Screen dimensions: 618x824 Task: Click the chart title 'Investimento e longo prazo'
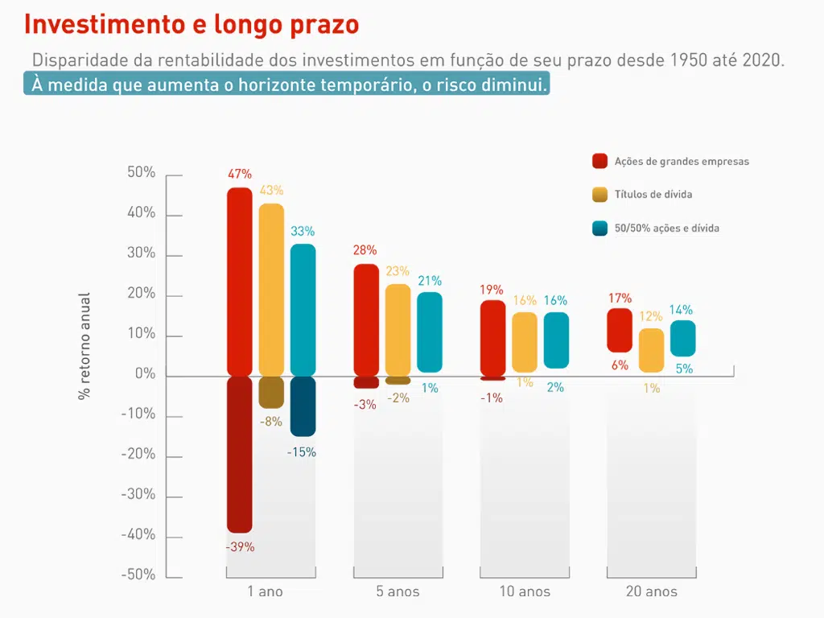tap(191, 24)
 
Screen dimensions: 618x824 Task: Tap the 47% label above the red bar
tap(240, 174)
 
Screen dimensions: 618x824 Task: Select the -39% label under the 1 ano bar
tap(240, 547)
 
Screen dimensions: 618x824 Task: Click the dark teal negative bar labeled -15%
tap(303, 406)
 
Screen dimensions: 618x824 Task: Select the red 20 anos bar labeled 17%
tap(620, 330)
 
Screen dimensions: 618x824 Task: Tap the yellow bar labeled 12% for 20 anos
tap(652, 350)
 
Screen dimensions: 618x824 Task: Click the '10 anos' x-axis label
tap(525, 592)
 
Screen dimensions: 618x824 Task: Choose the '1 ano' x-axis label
tap(266, 592)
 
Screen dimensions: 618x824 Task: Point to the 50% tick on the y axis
tap(142, 173)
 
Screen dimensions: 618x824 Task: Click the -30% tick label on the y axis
tap(138, 495)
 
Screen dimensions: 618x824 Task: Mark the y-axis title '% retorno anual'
tap(84, 346)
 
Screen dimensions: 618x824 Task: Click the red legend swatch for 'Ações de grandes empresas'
tap(599, 161)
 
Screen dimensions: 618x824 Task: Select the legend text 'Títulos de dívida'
tap(653, 195)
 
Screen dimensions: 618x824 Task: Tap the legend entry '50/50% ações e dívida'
tap(666, 229)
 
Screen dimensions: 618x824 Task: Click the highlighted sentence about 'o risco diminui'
tap(287, 84)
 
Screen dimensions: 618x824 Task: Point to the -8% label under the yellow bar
tap(271, 421)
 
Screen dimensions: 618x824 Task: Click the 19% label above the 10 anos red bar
tap(492, 290)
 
